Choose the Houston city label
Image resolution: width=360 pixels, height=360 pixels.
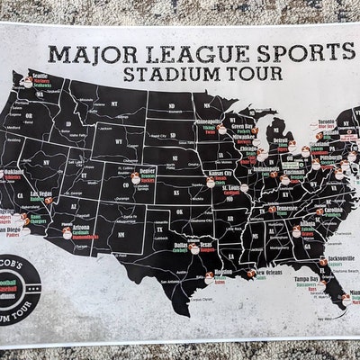tap(224, 271)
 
